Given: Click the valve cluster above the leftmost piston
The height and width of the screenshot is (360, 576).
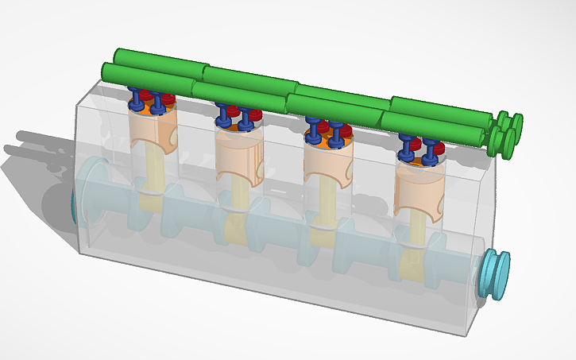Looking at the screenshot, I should (152, 101).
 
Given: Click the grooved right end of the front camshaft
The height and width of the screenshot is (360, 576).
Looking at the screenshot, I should (501, 141).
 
